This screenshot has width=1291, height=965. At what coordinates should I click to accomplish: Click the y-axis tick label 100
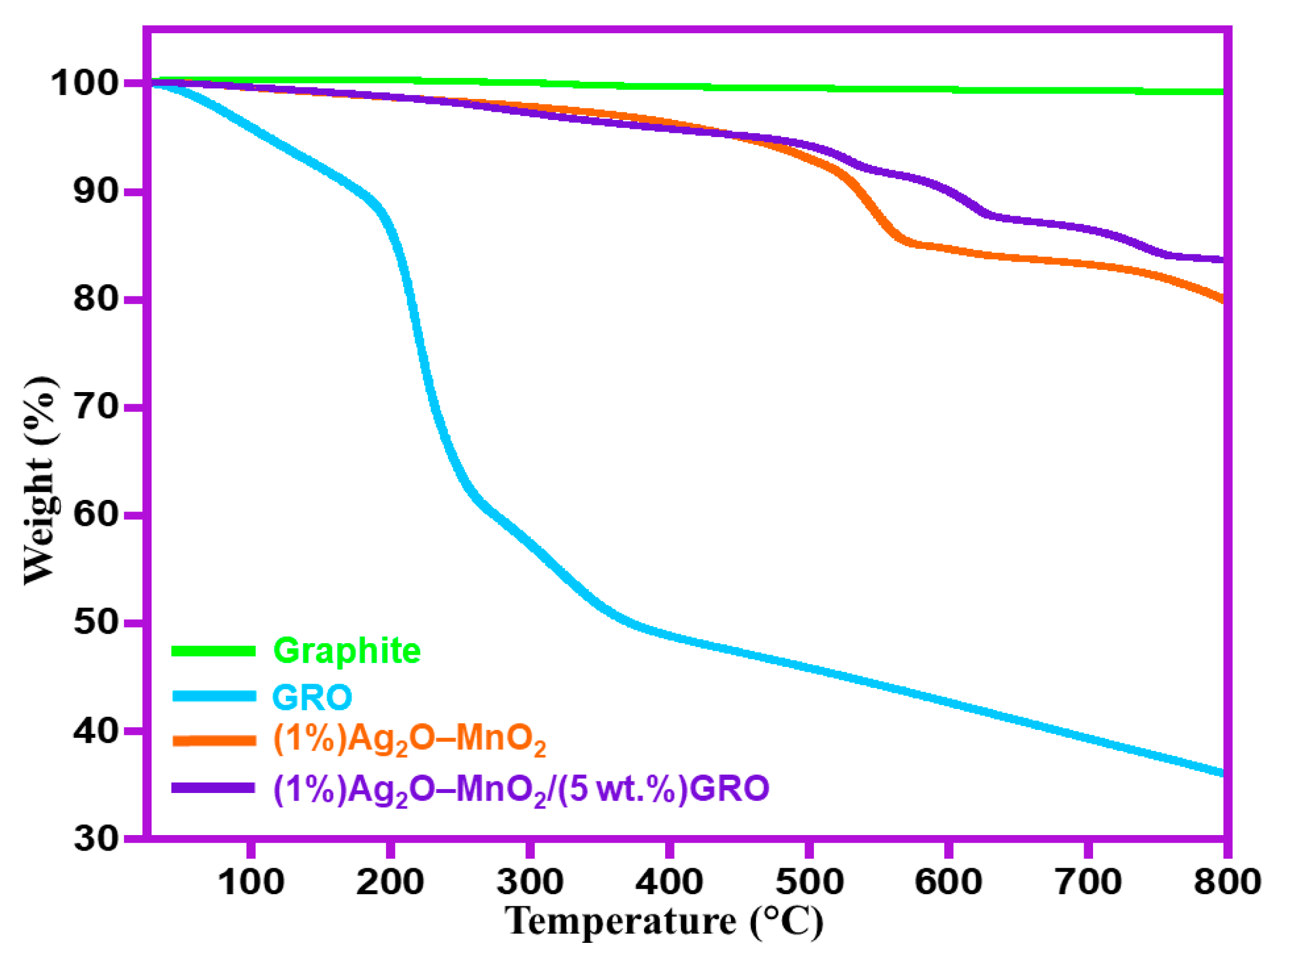tap(86, 84)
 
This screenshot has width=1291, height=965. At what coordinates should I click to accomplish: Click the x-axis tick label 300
tap(530, 882)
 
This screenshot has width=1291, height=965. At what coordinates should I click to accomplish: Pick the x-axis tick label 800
tap(1227, 882)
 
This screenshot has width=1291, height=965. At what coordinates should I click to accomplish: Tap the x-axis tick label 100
tap(251, 882)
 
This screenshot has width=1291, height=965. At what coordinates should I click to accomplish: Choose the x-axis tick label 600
tap(948, 882)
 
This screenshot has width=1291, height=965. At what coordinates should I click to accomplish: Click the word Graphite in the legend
tap(347, 650)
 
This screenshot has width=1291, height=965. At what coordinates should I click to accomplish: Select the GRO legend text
tap(312, 696)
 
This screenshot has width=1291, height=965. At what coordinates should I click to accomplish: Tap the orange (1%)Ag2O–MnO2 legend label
tap(409, 740)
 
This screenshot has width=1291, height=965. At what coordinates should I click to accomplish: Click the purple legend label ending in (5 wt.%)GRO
tap(521, 789)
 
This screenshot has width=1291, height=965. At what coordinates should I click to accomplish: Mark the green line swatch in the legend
tap(213, 651)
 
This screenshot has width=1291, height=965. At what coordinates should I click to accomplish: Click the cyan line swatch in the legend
tap(213, 696)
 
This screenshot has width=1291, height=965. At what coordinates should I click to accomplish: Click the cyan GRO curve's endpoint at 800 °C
tap(1221, 773)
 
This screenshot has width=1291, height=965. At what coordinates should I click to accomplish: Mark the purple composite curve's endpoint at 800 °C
tap(1221, 260)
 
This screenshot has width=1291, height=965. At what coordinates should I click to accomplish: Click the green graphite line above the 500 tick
tap(809, 88)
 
